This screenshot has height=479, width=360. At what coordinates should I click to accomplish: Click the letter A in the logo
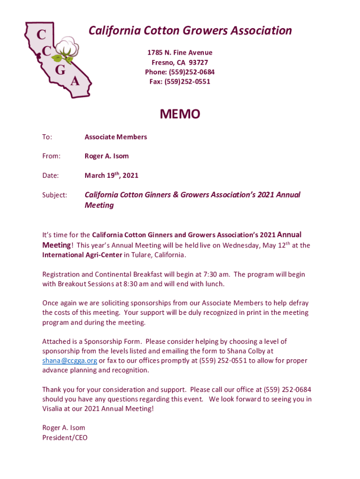click(74, 81)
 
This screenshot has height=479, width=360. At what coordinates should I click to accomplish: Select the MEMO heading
click(180, 114)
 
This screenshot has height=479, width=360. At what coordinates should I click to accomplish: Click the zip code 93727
click(199, 62)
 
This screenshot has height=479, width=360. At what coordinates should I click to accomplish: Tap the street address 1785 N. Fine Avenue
click(180, 53)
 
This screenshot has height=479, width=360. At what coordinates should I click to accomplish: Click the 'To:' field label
click(47, 137)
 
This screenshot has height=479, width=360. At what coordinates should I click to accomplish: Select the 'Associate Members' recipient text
click(115, 137)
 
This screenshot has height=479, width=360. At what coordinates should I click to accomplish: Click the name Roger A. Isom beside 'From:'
click(107, 156)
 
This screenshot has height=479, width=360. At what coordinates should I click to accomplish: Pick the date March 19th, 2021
click(111, 175)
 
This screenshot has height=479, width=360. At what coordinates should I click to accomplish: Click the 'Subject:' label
click(55, 195)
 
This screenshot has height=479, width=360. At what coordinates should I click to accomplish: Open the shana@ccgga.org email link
click(70, 361)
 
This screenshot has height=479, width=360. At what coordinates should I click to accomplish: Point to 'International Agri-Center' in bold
click(82, 255)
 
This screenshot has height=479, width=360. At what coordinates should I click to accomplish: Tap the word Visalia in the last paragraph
click(53, 408)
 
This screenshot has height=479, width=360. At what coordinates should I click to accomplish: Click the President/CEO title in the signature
click(65, 438)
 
